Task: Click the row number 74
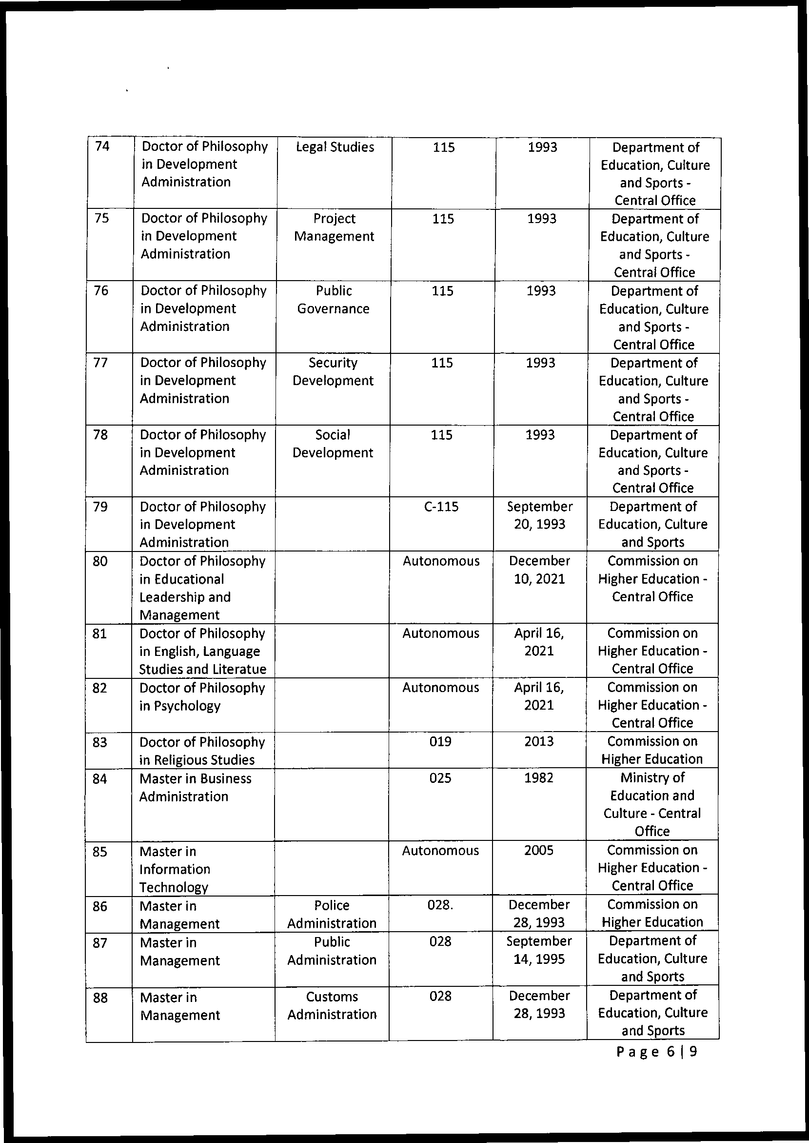tap(102, 146)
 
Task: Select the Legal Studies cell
tap(335, 147)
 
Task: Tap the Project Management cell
tap(334, 227)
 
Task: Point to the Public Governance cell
tap(333, 300)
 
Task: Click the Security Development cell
tap(333, 371)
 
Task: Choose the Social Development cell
tap(333, 444)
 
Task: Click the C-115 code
tap(441, 507)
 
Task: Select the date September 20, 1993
tap(539, 515)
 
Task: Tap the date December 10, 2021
tap(539, 570)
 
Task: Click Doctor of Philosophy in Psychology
tap(202, 697)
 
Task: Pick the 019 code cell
tap(440, 742)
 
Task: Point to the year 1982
tap(539, 778)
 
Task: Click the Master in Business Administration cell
tap(195, 788)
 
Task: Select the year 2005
tap(539, 850)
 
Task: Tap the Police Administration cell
tap(332, 914)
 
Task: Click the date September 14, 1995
tap(539, 950)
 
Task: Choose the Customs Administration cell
tap(332, 1005)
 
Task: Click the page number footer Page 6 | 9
tap(656, 1052)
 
